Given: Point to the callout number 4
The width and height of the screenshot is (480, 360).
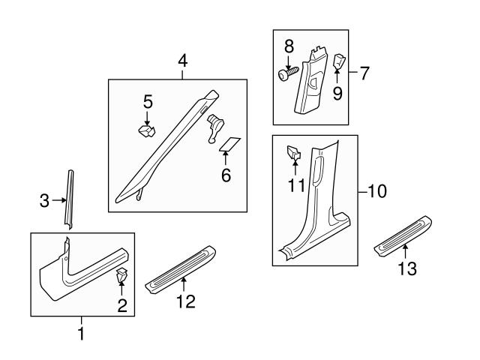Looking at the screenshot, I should [x=181, y=61].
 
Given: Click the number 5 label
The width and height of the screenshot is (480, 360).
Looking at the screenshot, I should [x=148, y=100].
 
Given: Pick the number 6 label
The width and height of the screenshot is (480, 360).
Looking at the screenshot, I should [x=226, y=176].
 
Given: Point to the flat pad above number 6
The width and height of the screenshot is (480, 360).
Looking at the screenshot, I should [x=229, y=144].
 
